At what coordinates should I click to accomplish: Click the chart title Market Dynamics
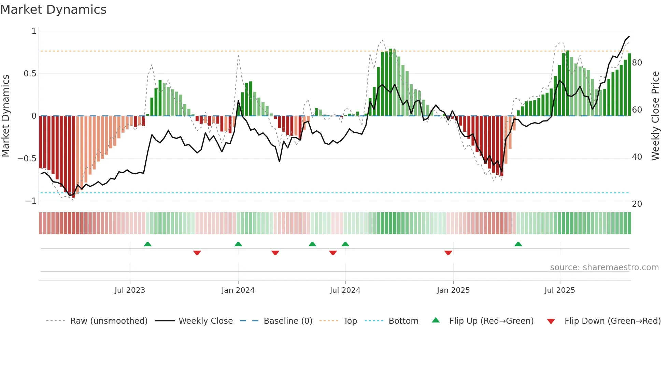pos(53,10)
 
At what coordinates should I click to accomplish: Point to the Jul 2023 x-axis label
pos(130,290)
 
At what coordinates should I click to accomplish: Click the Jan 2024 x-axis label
pos(238,290)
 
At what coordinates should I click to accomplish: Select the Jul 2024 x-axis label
pos(345,290)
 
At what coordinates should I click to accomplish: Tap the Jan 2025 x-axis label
pos(453,290)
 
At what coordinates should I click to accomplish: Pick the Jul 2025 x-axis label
pos(559,290)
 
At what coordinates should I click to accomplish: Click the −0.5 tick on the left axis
pos(27,159)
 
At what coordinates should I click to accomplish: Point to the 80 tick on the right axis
pos(637,63)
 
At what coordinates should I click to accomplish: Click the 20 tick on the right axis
pos(637,204)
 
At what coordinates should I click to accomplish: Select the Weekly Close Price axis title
pos(655,116)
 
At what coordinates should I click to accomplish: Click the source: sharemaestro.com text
pos(604,267)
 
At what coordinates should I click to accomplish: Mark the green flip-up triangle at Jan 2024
pos(238,244)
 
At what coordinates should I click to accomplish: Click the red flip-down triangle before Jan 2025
pos(448,253)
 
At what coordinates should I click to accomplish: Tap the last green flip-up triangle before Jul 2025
pos(518,244)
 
